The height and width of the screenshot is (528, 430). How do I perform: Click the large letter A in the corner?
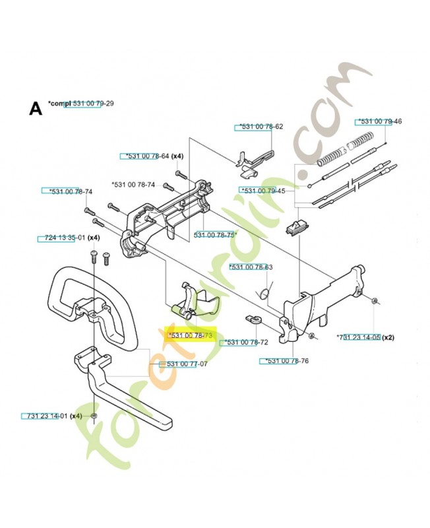36,108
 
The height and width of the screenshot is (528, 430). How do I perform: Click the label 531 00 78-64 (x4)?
151,156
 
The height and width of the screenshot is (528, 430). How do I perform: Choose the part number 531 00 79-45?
262,190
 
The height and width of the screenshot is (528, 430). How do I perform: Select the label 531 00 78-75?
215,234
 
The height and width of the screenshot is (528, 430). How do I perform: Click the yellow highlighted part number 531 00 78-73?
191,335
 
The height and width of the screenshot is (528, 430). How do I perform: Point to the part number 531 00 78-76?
284,360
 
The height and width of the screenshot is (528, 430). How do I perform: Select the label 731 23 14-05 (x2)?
365,337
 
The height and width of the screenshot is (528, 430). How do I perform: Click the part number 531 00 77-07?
186,364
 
